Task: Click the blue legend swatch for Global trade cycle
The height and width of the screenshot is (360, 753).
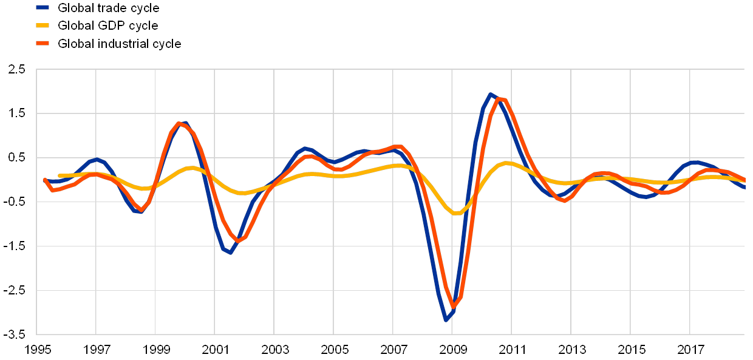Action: click(43, 8)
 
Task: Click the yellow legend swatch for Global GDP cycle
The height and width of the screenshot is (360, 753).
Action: click(43, 25)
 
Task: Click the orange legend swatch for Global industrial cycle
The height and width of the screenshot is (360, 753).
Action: click(43, 44)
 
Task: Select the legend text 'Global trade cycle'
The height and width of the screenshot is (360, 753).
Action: click(109, 8)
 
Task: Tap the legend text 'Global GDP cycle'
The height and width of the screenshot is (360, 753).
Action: click(108, 25)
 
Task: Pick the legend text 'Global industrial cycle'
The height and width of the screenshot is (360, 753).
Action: click(120, 44)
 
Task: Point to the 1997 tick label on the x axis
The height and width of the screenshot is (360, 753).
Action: click(96, 350)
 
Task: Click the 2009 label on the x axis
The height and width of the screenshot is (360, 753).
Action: click(453, 350)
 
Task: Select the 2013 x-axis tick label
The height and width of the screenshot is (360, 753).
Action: click(572, 350)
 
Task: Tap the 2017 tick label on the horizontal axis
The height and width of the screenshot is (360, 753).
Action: click(691, 350)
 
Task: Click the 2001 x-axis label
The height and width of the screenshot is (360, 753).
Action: click(215, 350)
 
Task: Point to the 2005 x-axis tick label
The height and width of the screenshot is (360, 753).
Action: click(334, 350)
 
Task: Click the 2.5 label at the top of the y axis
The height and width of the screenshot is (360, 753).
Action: click(17, 69)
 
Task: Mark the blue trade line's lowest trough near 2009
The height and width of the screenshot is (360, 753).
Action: click(446, 319)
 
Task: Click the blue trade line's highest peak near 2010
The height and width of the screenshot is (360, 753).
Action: click(490, 94)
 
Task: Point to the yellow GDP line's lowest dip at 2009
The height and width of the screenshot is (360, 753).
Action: click(457, 213)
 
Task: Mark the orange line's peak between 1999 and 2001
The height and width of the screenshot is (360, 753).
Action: click(179, 123)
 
